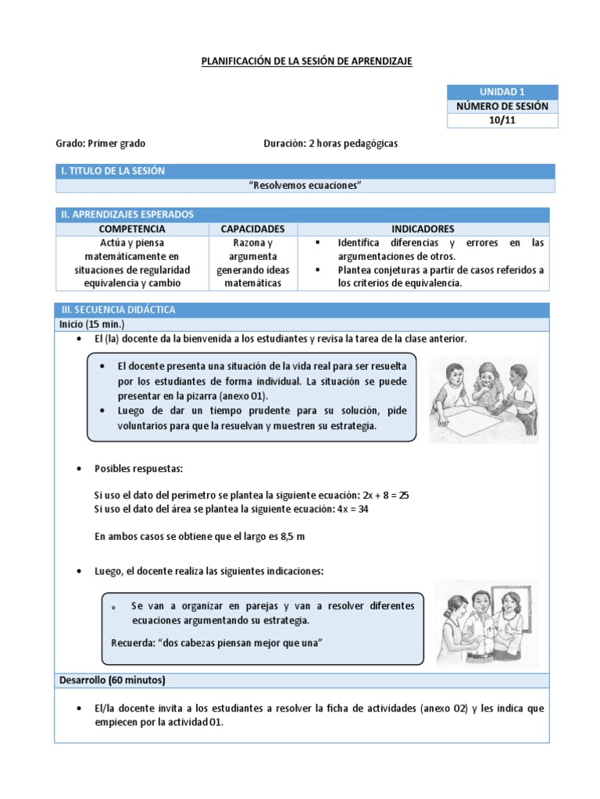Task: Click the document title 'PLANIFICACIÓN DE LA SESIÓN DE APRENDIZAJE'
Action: (x=306, y=61)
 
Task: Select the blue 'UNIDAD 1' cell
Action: (x=502, y=92)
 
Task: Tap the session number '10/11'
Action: (x=502, y=120)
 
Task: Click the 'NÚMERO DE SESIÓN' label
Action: (x=502, y=106)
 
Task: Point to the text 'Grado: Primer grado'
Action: (x=100, y=144)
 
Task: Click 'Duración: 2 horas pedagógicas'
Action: (x=330, y=144)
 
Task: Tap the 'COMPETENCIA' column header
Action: (x=132, y=229)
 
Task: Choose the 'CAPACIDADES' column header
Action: (x=252, y=229)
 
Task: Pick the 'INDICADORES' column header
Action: (x=423, y=229)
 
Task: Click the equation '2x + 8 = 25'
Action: (x=383, y=495)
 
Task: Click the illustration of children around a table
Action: (x=484, y=400)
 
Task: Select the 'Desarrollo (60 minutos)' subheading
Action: (x=112, y=680)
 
